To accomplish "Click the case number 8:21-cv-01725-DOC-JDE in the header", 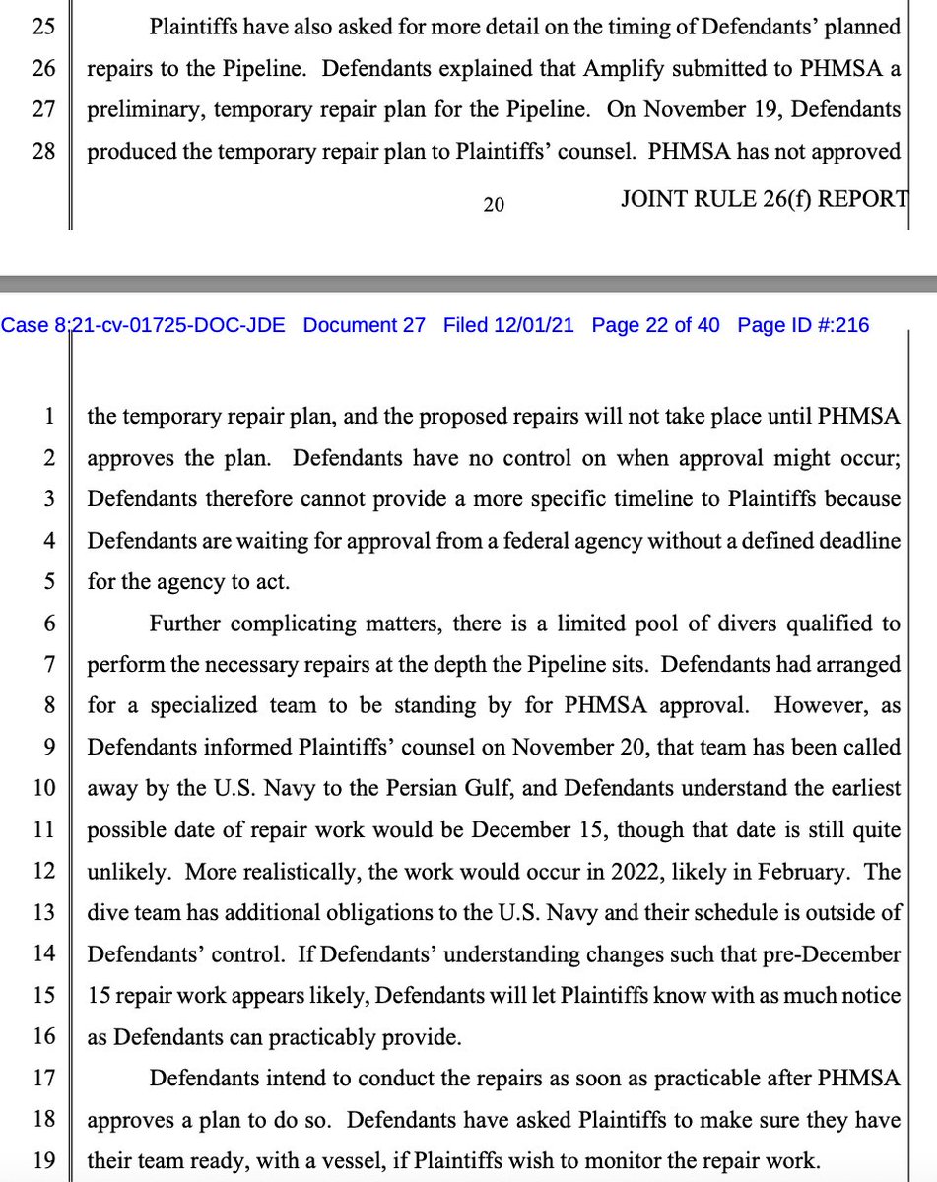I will click(144, 325).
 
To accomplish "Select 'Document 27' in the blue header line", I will click(365, 325).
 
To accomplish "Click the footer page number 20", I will click(495, 204).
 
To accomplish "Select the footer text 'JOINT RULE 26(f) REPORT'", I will click(764, 200).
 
